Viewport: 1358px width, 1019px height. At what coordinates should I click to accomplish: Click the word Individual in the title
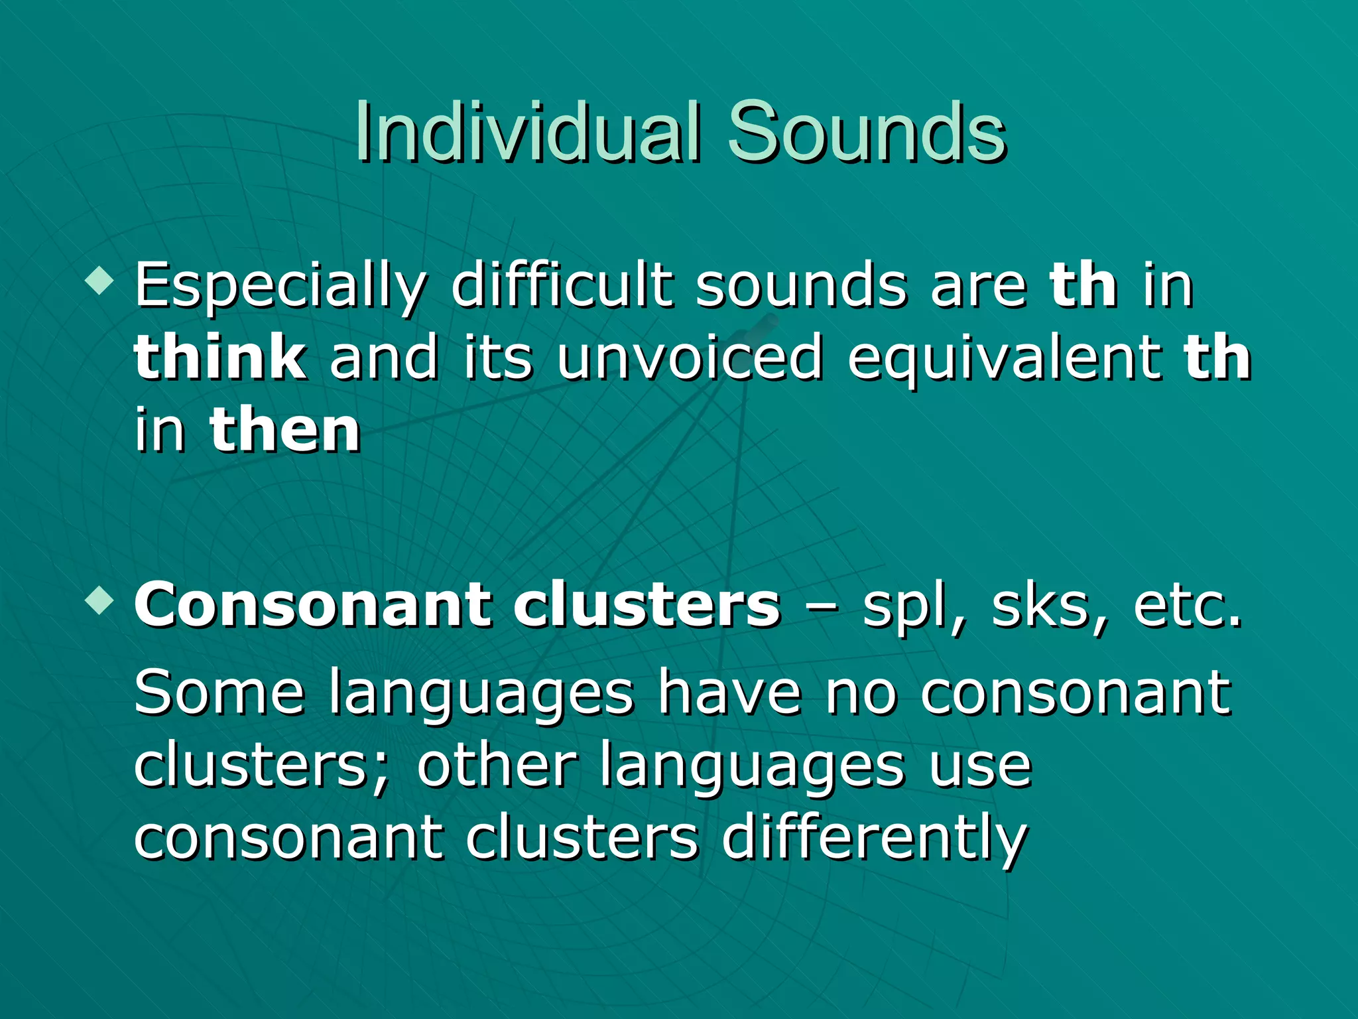pyautogui.click(x=527, y=133)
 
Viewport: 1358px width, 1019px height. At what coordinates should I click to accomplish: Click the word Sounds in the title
pyautogui.click(x=866, y=133)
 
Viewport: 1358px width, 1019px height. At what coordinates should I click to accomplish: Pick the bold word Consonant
pyautogui.click(x=312, y=605)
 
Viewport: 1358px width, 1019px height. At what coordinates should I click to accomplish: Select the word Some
pyautogui.click(x=219, y=693)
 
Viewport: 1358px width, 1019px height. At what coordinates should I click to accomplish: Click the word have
pyautogui.click(x=729, y=693)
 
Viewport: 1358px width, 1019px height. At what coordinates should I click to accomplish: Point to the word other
pyautogui.click(x=497, y=766)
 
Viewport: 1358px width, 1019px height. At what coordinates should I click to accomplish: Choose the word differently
pyautogui.click(x=875, y=839)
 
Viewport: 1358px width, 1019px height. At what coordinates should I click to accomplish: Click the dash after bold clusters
pyautogui.click(x=822, y=607)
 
